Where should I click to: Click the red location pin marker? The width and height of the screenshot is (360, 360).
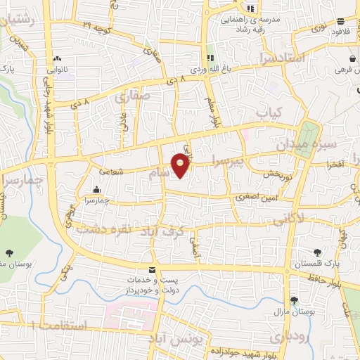181,166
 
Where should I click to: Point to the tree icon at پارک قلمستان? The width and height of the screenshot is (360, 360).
316,252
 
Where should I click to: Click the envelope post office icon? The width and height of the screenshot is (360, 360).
151,271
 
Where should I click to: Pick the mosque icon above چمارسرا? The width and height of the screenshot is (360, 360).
96,190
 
